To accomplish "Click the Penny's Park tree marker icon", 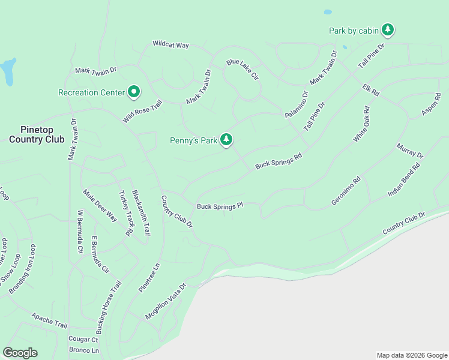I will click(226, 140).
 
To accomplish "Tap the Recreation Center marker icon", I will click(134, 92).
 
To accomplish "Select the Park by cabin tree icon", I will click(388, 29).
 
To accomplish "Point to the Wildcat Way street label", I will click(170, 44).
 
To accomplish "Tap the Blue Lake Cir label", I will click(242, 70).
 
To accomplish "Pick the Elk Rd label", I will click(371, 91).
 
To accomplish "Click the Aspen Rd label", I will click(431, 104).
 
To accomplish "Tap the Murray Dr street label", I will click(410, 151).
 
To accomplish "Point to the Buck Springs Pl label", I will click(220, 206).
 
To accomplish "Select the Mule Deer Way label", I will click(100, 206).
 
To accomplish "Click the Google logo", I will click(20, 353).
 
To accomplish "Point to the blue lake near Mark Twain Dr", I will click(8, 72).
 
